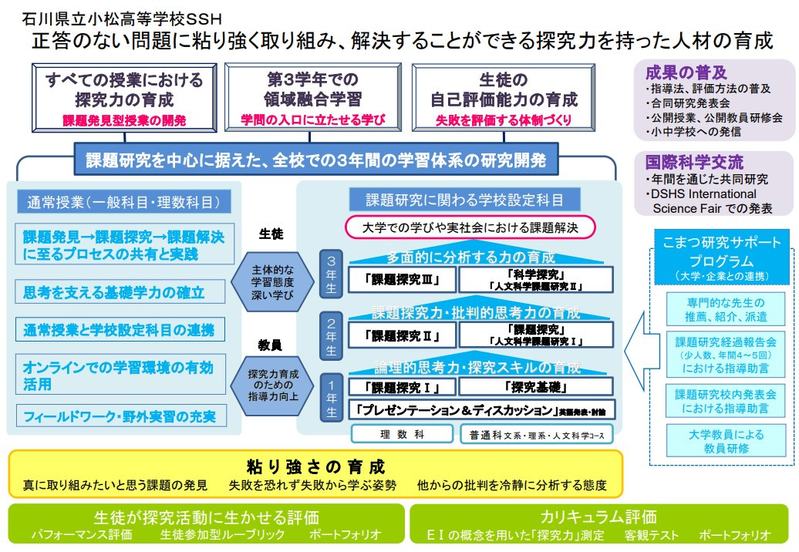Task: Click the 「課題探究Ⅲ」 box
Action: point(401,279)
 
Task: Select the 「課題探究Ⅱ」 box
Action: point(401,335)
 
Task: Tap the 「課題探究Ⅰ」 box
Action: point(401,386)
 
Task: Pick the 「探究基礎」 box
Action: point(536,386)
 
